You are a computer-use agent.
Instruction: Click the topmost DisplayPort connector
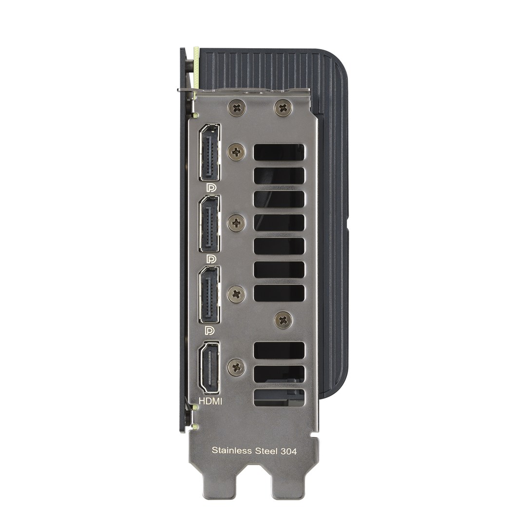click(209, 152)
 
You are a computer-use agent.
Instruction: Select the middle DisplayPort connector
click(209, 224)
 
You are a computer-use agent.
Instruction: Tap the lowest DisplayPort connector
click(209, 295)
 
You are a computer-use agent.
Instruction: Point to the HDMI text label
click(211, 401)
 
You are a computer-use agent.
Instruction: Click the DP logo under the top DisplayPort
click(211, 188)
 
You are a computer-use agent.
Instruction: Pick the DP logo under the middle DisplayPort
click(211, 258)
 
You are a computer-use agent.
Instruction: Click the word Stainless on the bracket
click(232, 451)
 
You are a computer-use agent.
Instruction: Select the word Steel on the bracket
click(267, 451)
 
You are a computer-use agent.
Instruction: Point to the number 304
click(289, 451)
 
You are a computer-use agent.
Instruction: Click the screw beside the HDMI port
click(236, 367)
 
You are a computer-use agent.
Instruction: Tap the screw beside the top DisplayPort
click(236, 152)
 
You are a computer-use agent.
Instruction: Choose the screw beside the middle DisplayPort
click(236, 224)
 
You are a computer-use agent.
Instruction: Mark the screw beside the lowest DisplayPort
click(236, 294)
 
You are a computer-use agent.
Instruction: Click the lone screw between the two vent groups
click(283, 319)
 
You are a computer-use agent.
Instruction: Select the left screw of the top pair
click(237, 107)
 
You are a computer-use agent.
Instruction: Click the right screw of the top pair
click(283, 107)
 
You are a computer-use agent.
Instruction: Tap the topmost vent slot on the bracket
click(279, 152)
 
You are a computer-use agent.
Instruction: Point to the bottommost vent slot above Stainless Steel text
click(279, 397)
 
